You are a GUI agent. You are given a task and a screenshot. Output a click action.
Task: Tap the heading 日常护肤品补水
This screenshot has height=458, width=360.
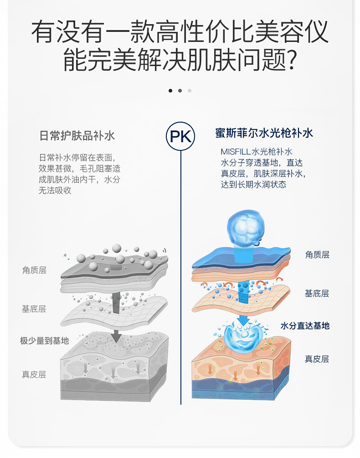tap(77, 135)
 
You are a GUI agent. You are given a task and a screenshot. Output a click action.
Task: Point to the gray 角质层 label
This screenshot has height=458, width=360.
tap(34, 270)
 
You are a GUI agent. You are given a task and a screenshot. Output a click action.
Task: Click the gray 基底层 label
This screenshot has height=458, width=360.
tap(34, 309)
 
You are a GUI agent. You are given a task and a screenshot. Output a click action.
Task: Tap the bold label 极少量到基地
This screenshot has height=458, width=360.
tap(44, 340)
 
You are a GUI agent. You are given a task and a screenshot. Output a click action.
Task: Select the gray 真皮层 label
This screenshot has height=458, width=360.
tap(34, 375)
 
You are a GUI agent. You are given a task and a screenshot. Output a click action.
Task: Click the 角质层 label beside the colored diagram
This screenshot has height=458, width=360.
tap(317, 255)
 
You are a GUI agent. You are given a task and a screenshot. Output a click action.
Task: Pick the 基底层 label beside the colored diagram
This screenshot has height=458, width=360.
tap(317, 293)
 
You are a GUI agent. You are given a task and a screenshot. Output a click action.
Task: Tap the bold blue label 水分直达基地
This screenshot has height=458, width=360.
tap(305, 326)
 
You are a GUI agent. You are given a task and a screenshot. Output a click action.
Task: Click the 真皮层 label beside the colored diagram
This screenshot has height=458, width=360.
tap(317, 359)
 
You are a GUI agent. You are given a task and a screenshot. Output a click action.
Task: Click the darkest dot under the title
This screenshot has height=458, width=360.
tap(170, 91)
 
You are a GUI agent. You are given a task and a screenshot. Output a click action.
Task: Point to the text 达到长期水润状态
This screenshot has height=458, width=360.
tap(253, 185)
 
